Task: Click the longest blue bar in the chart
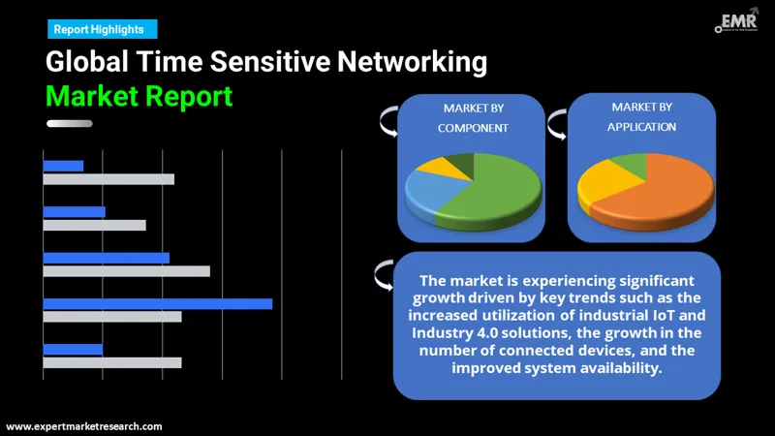157,303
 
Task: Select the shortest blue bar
63,166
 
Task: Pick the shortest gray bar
94,225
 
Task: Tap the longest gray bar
126,271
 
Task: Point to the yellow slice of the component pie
430,167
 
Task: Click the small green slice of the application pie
631,161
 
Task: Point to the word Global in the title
88,64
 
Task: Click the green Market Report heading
139,96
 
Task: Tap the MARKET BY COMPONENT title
473,117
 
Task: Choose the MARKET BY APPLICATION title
641,116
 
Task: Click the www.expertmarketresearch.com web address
84,426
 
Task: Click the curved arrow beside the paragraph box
382,278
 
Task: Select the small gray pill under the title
69,123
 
